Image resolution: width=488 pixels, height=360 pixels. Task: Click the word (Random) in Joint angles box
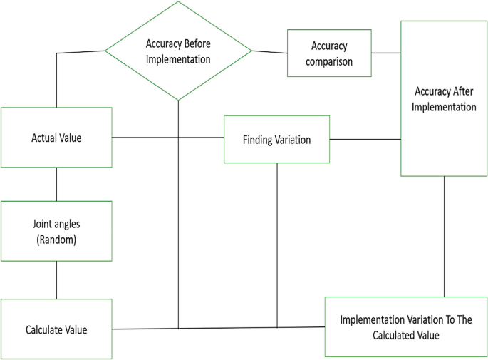click(56, 240)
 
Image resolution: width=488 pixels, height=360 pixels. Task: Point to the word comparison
click(329, 61)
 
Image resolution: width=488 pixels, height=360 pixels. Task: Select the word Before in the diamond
click(195, 44)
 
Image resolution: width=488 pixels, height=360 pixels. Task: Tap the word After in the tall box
click(464, 91)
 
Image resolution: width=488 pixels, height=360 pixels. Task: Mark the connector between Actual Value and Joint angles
click(56, 184)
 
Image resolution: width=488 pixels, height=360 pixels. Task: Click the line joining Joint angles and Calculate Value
click(56, 279)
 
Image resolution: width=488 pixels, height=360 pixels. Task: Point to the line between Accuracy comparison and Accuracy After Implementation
click(385, 53)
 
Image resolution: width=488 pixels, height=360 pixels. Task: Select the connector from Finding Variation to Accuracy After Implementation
click(365, 140)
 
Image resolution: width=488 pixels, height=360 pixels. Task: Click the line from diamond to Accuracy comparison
click(269, 52)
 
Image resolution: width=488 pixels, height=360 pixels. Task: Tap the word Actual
click(44, 138)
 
